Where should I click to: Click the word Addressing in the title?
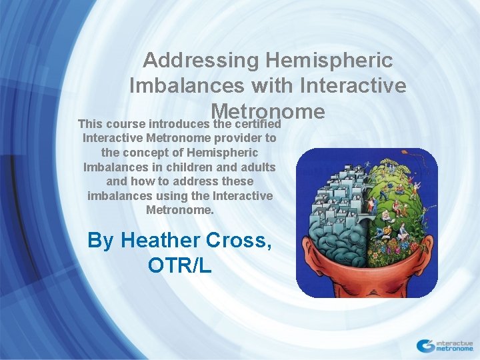(x=201, y=61)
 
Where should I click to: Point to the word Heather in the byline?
(x=164, y=240)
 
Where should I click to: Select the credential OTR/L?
(x=180, y=265)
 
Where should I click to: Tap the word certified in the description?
(x=255, y=124)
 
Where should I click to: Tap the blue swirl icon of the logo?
(x=425, y=345)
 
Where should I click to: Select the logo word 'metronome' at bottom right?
(x=454, y=348)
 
